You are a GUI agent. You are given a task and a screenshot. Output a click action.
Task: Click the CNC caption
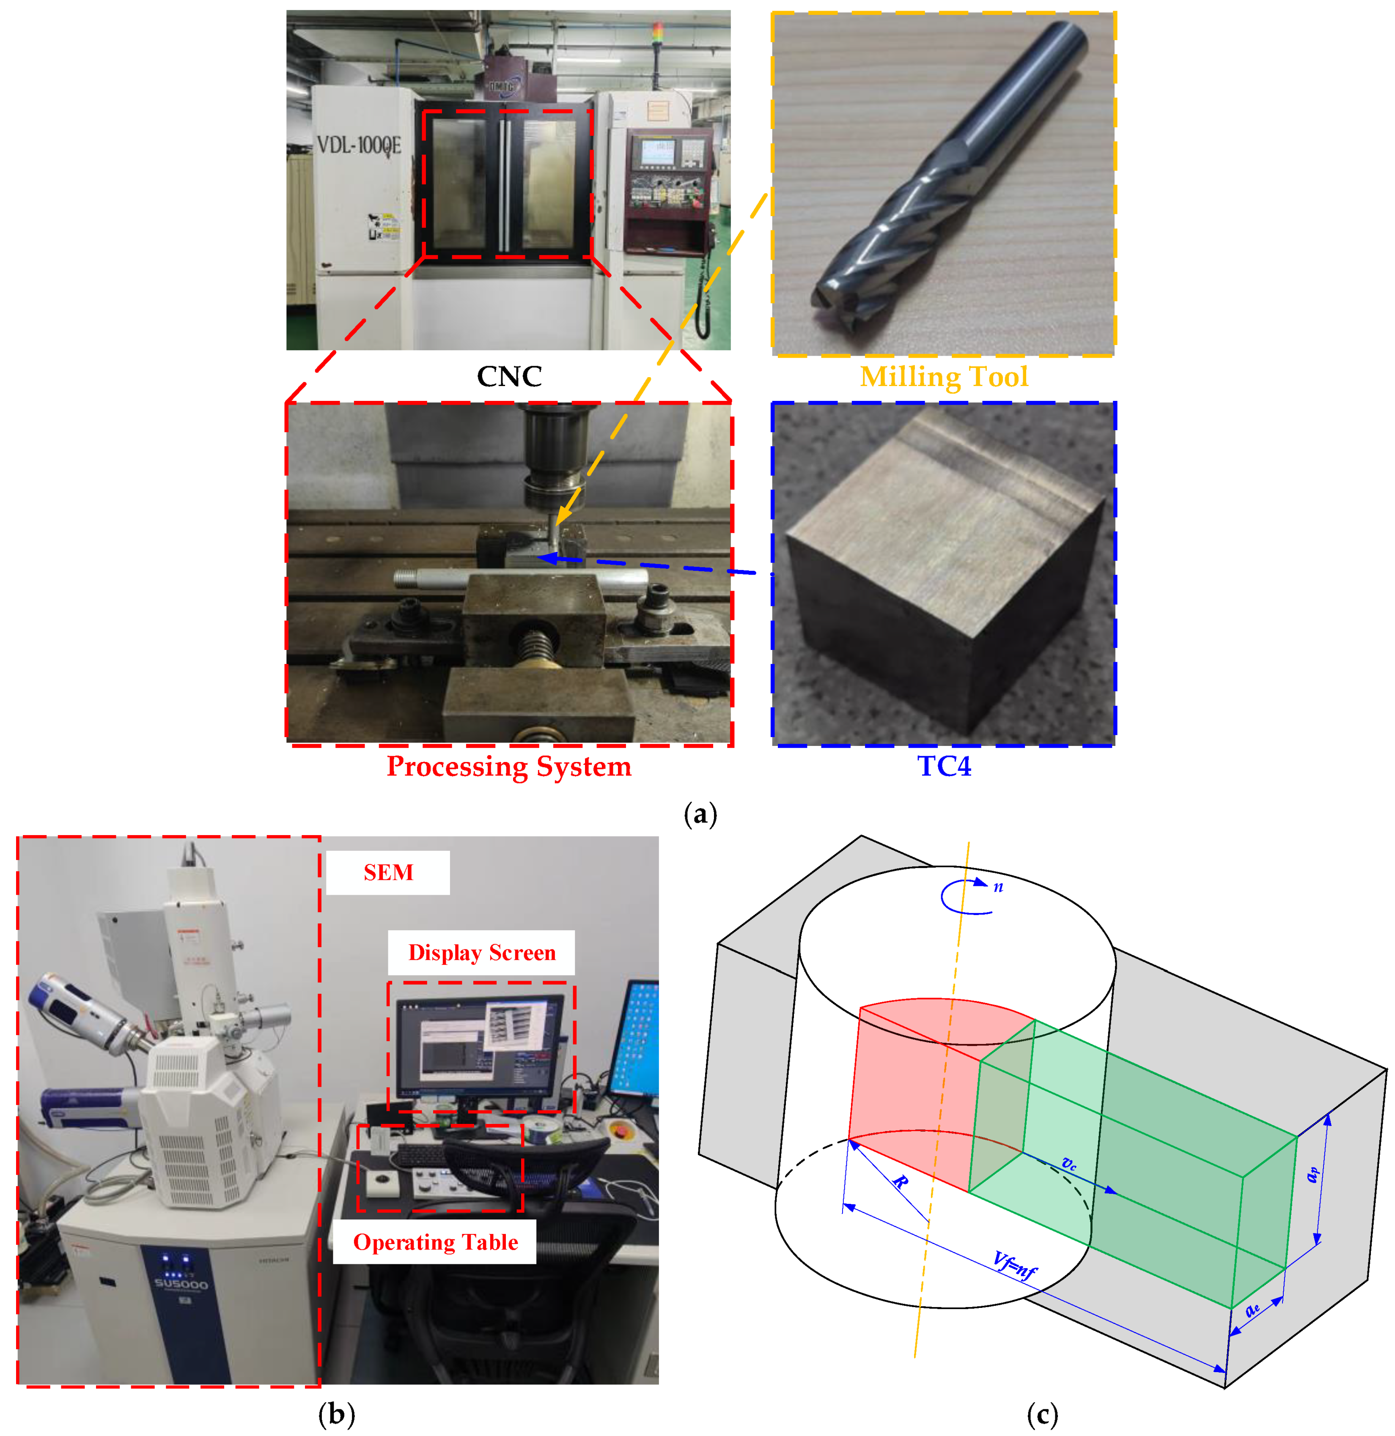click(509, 377)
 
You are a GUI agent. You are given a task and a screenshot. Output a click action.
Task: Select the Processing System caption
click(509, 766)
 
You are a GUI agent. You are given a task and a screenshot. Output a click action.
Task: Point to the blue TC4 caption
click(944, 766)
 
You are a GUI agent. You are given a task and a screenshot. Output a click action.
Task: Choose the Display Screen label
click(482, 952)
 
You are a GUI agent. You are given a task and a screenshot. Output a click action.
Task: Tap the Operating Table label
click(435, 1243)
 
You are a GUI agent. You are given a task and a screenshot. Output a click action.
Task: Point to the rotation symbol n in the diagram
click(998, 887)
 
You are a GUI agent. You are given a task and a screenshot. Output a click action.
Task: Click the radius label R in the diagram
click(901, 1181)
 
